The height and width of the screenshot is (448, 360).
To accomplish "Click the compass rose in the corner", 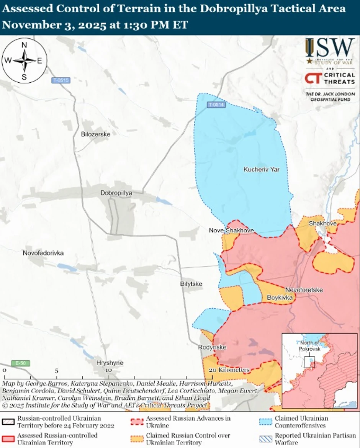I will (24, 60).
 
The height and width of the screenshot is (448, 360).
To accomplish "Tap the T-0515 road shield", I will (61, 80).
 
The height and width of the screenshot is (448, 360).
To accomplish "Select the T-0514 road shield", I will (216, 105).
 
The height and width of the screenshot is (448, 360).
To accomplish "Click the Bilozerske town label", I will (96, 134).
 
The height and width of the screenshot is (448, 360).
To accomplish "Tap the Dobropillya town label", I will (116, 193).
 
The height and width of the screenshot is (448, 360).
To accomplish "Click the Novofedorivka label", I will (43, 253).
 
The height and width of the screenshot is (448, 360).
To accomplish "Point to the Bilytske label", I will (191, 284).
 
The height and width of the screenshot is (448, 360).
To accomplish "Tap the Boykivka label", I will (280, 298).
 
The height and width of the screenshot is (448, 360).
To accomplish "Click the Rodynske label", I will (212, 347).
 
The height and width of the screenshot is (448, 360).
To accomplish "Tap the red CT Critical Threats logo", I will (313, 78).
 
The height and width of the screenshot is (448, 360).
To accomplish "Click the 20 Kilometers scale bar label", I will (229, 370).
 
